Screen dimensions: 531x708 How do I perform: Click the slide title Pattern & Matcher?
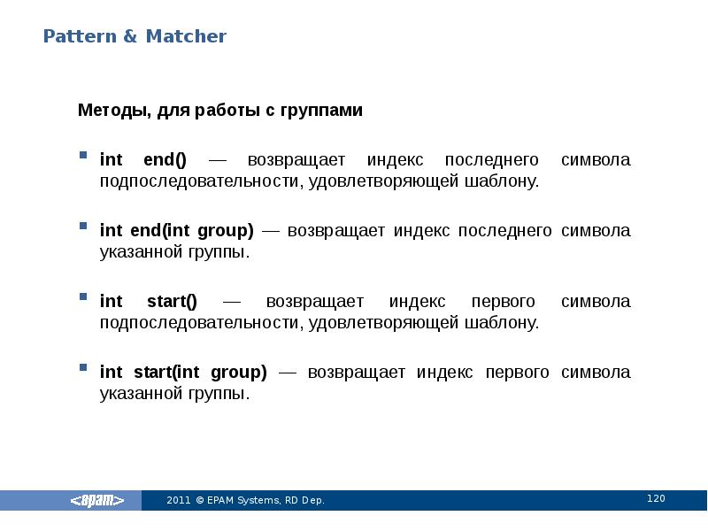click(135, 36)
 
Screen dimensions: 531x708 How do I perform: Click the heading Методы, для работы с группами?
click(220, 111)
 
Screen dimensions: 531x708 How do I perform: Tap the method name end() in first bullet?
click(165, 160)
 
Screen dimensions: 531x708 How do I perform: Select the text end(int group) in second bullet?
click(192, 231)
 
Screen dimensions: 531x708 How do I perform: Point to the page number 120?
click(655, 499)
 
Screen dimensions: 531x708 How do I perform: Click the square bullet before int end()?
click(82, 156)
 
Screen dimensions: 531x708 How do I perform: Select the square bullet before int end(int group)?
click(82, 227)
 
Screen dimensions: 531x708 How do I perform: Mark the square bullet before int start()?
click(82, 297)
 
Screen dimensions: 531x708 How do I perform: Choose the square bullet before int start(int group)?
click(82, 368)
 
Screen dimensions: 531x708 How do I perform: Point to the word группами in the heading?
click(321, 111)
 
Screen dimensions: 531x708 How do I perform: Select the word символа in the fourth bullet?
click(596, 373)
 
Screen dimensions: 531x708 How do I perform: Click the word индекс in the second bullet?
click(421, 231)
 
